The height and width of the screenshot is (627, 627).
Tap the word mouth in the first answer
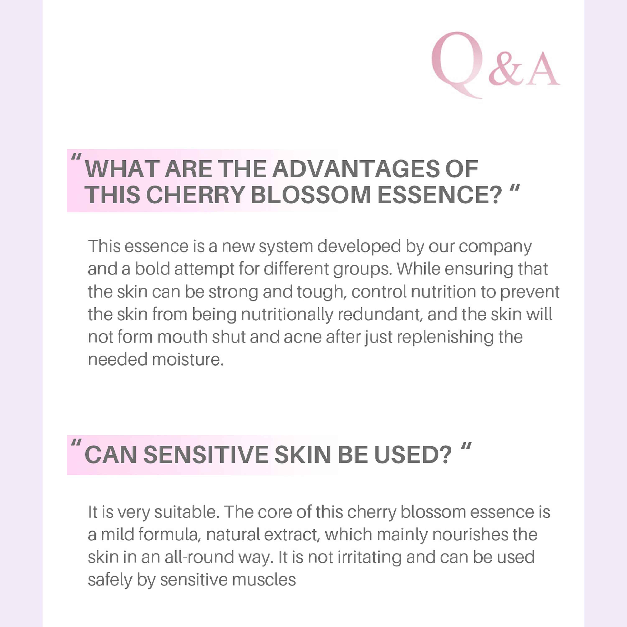point(182,337)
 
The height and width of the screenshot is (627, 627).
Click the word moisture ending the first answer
point(188,359)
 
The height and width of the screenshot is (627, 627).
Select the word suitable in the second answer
point(185,512)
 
